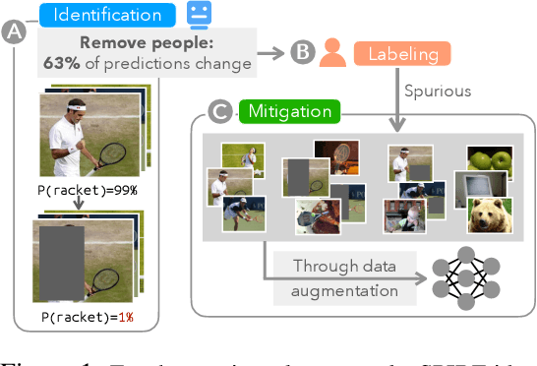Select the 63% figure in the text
click(x=60, y=65)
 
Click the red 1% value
click(x=121, y=317)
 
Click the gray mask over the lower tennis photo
click(x=61, y=260)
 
